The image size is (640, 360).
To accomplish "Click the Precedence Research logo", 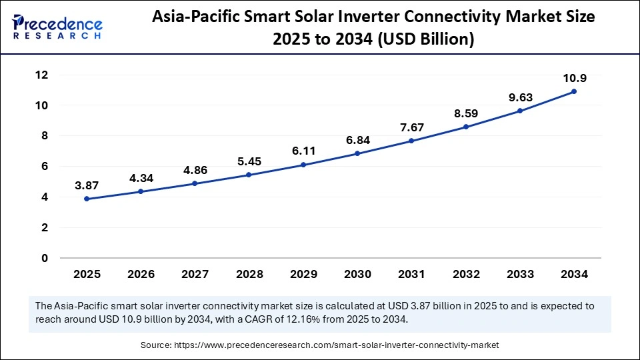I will (x=58, y=27).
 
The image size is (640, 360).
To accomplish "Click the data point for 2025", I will (x=87, y=199).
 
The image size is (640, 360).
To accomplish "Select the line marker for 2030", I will (x=357, y=153).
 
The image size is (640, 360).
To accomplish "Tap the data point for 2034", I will (x=574, y=91).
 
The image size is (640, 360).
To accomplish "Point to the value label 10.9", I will (x=574, y=78).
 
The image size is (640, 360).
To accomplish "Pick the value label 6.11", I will (x=303, y=151).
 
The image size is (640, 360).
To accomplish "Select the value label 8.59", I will (x=466, y=113).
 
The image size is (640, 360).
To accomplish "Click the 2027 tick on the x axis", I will (x=195, y=274).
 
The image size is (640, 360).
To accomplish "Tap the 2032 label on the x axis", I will (x=466, y=274).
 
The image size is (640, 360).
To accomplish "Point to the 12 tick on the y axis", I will (x=42, y=75).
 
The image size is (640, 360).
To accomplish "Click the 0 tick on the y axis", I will (x=45, y=258).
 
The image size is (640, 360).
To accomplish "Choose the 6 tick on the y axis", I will (x=45, y=167).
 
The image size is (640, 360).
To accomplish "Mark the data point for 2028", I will (x=249, y=175).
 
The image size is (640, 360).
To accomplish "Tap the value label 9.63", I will (x=520, y=97).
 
